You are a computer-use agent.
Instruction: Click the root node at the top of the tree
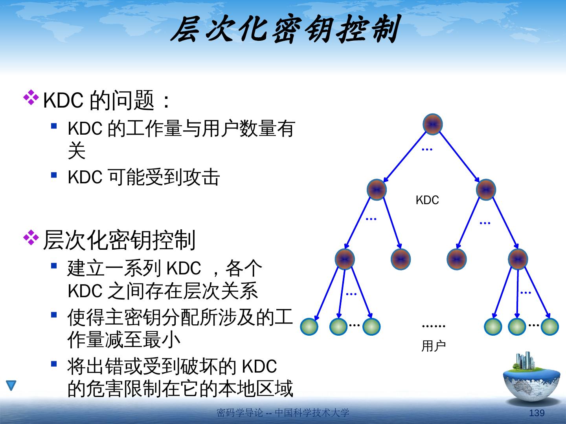click(433, 124)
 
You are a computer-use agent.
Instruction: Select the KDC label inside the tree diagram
click(427, 200)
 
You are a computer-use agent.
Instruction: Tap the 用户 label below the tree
click(433, 346)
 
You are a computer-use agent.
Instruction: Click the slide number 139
click(537, 413)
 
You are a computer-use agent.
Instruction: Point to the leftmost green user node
click(309, 327)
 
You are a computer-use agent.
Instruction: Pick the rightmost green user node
click(549, 327)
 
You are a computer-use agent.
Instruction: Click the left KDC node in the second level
click(377, 190)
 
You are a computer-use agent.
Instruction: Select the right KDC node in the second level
click(486, 190)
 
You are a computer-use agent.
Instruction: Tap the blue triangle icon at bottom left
click(11, 385)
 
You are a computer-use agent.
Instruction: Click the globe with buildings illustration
click(531, 379)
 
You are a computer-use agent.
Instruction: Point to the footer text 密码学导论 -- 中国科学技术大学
click(283, 413)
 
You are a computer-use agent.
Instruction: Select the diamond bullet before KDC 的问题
click(31, 98)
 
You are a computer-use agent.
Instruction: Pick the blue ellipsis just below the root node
click(427, 150)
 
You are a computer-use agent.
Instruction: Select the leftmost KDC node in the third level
click(345, 259)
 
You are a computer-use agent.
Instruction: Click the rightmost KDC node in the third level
click(518, 259)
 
